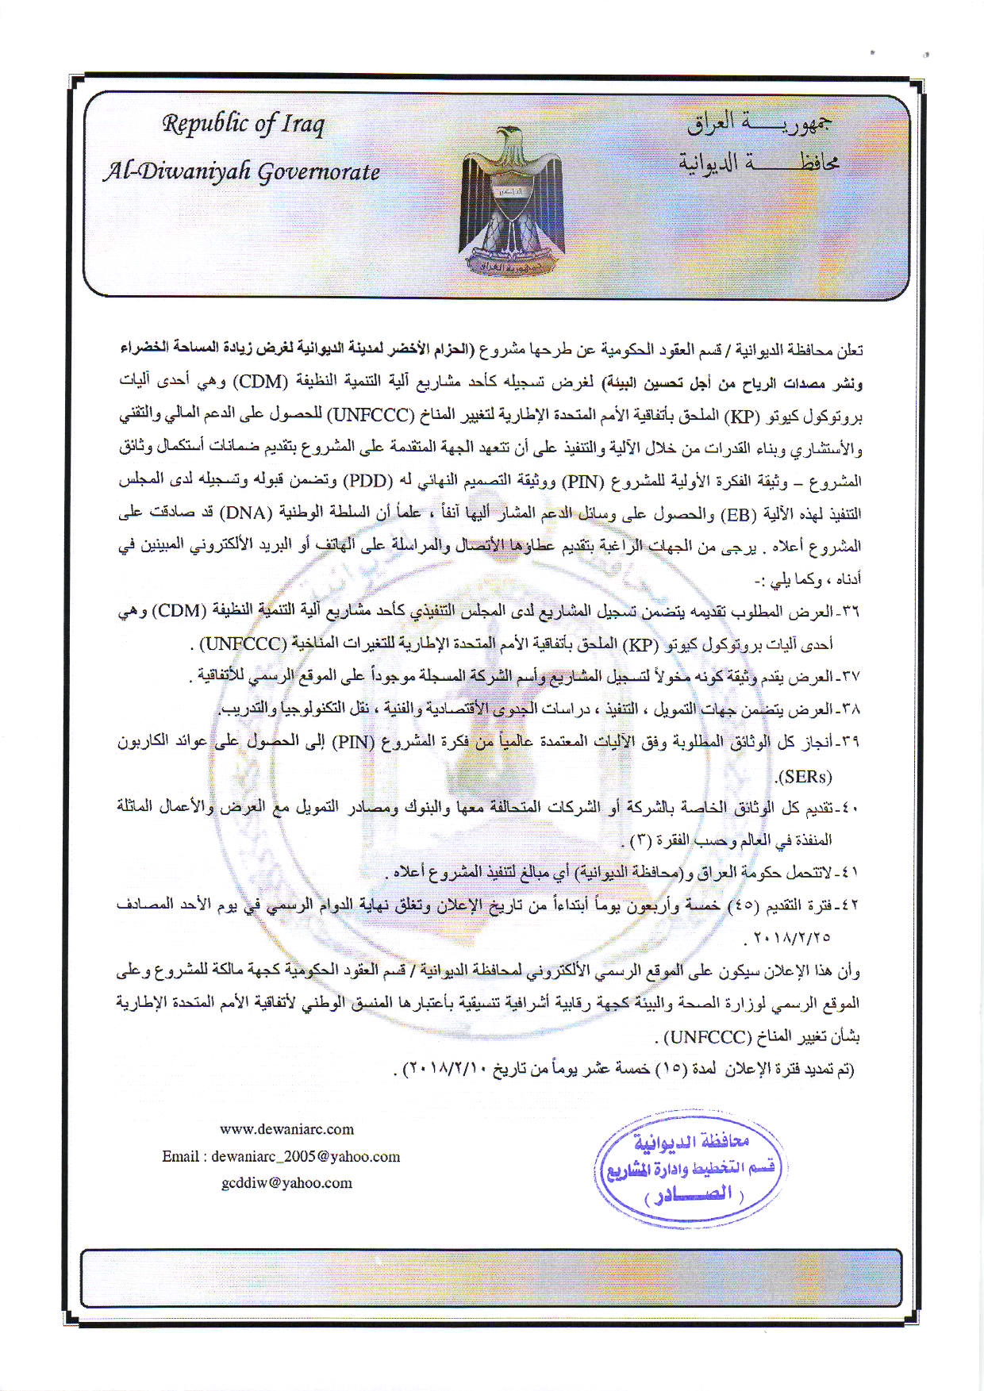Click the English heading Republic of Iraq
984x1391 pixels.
[243, 125]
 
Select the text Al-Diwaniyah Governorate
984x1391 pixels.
[241, 171]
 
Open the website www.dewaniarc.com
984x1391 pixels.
[286, 1129]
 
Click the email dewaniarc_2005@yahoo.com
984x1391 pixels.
[306, 1156]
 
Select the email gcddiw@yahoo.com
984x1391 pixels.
[286, 1183]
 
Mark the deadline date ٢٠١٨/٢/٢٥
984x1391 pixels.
[788, 937]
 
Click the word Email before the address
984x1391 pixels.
[180, 1156]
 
